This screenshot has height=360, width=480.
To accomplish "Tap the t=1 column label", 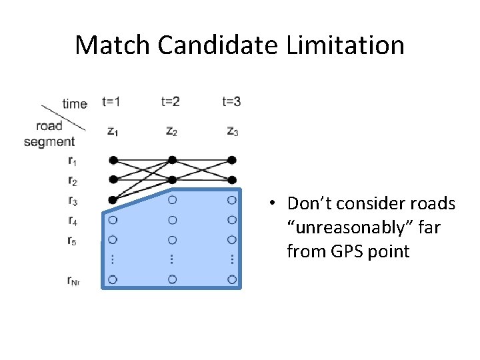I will pos(111,102).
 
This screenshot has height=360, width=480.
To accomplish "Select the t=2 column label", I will pos(171,102).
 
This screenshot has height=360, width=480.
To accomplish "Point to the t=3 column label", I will pos(231,102).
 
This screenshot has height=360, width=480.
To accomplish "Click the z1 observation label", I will pos(112,131).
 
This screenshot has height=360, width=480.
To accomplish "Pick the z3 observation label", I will pos(232,131).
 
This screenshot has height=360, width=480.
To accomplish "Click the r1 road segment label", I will pos(72,160).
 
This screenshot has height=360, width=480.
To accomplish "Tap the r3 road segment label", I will pos(72,200).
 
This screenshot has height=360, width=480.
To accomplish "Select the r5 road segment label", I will pos(72,240).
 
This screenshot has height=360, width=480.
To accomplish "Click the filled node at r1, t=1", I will pos(113,160).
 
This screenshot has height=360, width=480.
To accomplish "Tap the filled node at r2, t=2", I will pos(172,179).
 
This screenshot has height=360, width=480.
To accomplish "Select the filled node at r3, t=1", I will pos(113,199).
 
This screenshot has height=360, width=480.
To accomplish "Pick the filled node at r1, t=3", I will pos(232,160).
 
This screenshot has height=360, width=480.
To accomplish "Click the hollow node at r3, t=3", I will pos(232,199).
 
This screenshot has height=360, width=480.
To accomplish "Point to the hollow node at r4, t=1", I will pos(113,219).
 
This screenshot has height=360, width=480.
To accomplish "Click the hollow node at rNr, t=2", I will pos(172,279).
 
